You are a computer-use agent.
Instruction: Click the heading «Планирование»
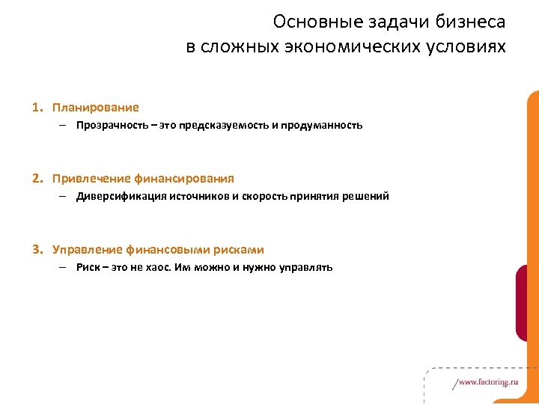coord(95,108)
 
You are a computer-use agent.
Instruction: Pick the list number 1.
coord(35,108)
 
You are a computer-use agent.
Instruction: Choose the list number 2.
coord(35,179)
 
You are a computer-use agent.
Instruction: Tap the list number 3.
coord(35,250)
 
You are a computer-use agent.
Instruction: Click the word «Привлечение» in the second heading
coord(91,179)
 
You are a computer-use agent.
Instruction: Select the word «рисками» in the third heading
coord(241,250)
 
